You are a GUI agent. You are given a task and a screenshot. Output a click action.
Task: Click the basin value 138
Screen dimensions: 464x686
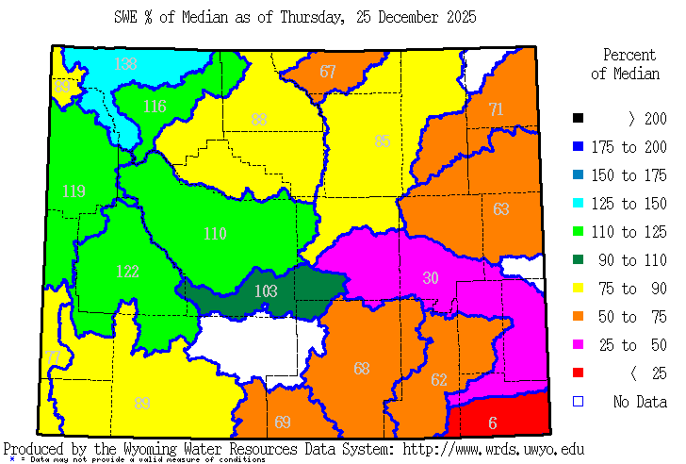(x=125, y=64)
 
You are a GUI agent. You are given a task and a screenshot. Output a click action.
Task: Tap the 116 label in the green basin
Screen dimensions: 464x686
(x=155, y=107)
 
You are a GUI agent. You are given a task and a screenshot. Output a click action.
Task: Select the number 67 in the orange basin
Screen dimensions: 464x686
(x=327, y=72)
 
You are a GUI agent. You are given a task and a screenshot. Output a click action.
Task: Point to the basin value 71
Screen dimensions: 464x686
(x=496, y=109)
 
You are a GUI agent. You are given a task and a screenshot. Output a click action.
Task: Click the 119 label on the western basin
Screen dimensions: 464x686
(x=73, y=191)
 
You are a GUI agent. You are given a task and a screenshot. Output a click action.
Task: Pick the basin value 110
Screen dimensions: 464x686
(x=216, y=233)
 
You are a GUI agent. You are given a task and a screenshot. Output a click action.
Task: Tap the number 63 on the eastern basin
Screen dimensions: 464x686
(x=501, y=208)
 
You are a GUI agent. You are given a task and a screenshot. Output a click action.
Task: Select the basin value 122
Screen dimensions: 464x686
(x=127, y=272)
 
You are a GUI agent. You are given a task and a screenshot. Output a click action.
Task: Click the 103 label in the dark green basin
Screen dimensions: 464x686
(x=266, y=291)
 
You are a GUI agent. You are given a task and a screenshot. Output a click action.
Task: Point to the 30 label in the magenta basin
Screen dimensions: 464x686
(x=431, y=277)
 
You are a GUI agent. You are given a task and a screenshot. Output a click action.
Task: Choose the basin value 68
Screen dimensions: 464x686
(x=362, y=368)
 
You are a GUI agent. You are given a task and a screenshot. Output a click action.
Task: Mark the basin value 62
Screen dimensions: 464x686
(x=439, y=380)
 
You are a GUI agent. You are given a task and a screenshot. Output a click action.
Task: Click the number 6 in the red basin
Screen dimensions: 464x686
(x=492, y=423)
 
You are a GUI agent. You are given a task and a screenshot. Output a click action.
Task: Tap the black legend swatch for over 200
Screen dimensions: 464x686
(x=579, y=119)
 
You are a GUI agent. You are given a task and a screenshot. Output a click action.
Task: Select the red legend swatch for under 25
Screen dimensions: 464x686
(x=579, y=374)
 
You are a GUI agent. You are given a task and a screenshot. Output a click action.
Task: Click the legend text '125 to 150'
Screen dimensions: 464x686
(x=629, y=204)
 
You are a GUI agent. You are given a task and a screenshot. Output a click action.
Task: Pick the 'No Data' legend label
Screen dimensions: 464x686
(x=640, y=403)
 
